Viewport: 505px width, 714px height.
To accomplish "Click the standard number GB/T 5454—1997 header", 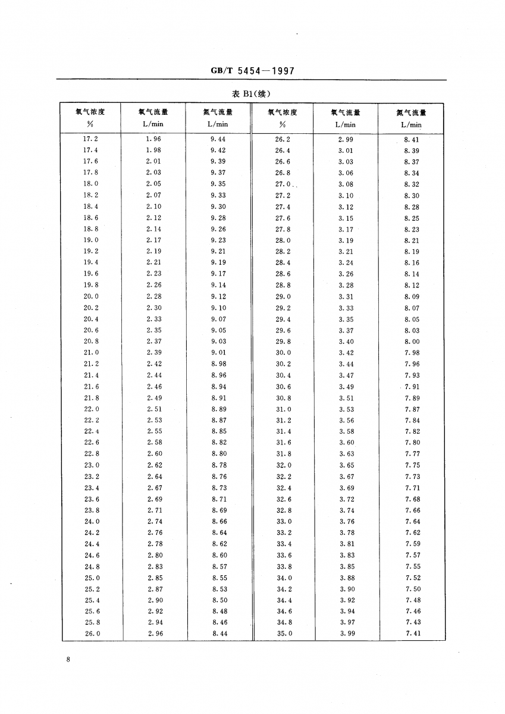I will coord(253,71).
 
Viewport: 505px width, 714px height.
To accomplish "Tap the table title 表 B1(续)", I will coord(253,94).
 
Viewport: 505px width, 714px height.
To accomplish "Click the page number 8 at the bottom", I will coord(69,660).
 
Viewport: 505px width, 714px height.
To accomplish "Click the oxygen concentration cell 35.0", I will coord(284,634).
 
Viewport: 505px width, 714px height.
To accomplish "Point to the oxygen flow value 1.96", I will coord(153,139).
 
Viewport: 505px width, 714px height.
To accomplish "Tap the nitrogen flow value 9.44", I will coord(219,139).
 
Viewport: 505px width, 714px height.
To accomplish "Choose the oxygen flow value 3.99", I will coord(347,634).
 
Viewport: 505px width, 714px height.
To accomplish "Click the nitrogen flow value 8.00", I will coord(412,342).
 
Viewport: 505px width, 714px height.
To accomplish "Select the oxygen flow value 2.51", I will coord(153,409).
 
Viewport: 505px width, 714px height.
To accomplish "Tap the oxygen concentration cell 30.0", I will coord(283,352).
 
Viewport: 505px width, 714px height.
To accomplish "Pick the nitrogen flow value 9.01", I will coord(219,352).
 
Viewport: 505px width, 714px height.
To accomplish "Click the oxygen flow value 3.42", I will coord(347,352).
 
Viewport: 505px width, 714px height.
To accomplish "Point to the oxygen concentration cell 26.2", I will coord(283,139).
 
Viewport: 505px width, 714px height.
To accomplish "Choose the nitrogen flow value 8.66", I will coord(219,521).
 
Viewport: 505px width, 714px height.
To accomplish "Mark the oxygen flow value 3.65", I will coord(347,465).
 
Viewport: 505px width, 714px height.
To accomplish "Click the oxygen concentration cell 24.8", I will coord(92,566).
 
